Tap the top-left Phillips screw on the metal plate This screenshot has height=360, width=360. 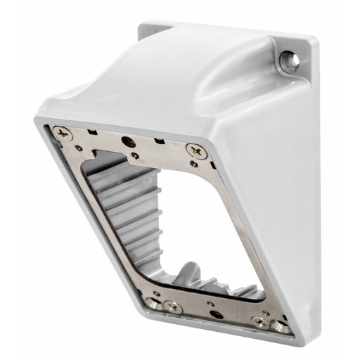click(63, 131)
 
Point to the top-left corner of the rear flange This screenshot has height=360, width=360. click(140, 29)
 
